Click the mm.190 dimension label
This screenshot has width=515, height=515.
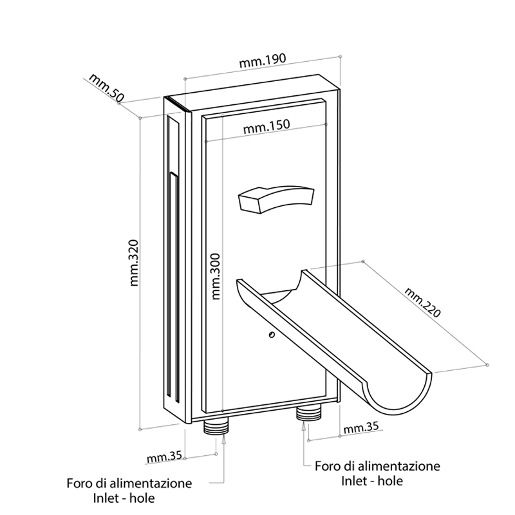[x=263, y=62]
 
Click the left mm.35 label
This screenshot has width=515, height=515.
[x=164, y=458]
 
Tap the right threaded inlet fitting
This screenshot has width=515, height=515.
[x=308, y=413]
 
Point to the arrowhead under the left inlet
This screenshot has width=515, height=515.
[x=223, y=440]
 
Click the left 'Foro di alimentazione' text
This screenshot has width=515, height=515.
[x=129, y=483]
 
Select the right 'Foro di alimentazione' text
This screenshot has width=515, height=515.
[x=377, y=465]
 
